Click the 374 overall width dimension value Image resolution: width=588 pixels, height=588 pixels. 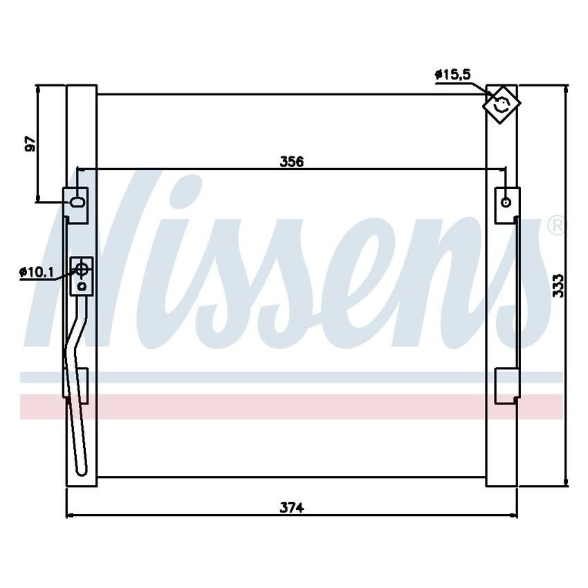click(292, 507)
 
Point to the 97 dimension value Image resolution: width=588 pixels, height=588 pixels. click(30, 144)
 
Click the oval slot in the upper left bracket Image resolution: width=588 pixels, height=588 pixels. click(77, 203)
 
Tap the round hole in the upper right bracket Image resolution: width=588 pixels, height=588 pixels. click(507, 202)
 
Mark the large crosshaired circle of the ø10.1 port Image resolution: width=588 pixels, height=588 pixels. click(82, 270)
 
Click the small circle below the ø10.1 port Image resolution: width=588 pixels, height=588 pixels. click(82, 284)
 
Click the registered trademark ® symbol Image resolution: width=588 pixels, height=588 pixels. click(555, 226)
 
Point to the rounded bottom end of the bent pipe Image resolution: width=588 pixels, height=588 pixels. click(81, 471)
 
